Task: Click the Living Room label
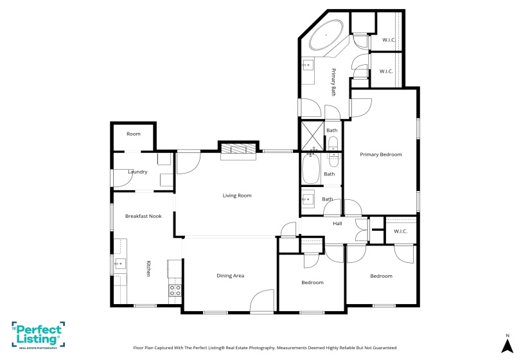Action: pos(237,195)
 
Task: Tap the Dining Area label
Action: pos(230,276)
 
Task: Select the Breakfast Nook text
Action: pos(143,216)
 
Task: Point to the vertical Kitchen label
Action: pos(148,269)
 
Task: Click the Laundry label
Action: pos(137,172)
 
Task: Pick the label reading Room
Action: pos(133,134)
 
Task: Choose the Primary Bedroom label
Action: pos(380,154)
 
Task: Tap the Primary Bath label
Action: pos(333,82)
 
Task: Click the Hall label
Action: pos(337,224)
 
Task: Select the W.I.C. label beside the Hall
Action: pos(400,231)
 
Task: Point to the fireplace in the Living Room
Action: pos(238,149)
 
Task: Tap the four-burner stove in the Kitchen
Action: pos(174,291)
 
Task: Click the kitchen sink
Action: pos(120,264)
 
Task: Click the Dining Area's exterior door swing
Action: pos(262,301)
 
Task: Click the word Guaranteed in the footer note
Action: pos(382,347)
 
